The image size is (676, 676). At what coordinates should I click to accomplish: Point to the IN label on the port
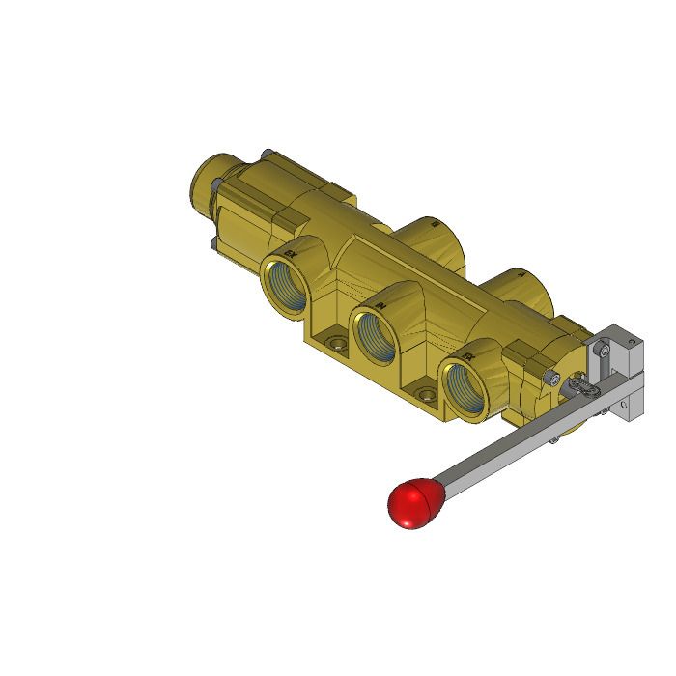pyautogui.click(x=382, y=305)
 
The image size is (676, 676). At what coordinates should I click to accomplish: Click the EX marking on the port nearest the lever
pyautogui.click(x=469, y=356)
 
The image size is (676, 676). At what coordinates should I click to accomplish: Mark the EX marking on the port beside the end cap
pyautogui.click(x=290, y=254)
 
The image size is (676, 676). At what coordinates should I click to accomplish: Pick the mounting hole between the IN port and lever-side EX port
pyautogui.click(x=426, y=392)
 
